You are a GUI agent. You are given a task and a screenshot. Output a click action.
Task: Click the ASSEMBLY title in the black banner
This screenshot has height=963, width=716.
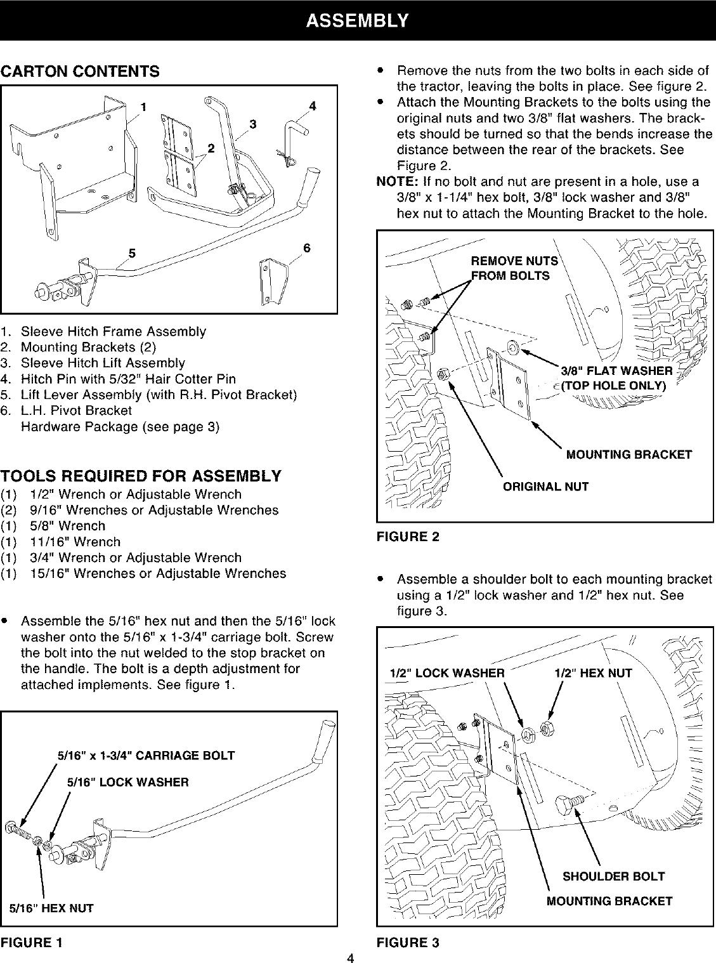coord(357,20)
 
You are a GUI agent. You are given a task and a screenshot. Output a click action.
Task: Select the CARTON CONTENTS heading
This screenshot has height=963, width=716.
coord(80,71)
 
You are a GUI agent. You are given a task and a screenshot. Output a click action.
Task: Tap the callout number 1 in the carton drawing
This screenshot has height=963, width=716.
coord(144,106)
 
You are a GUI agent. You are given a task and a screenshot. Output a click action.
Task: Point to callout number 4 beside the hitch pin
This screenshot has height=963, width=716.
coord(312,105)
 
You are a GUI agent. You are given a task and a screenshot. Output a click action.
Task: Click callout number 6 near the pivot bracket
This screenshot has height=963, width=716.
coord(306,248)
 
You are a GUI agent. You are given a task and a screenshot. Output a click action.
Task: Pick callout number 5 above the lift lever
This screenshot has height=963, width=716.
coord(133,253)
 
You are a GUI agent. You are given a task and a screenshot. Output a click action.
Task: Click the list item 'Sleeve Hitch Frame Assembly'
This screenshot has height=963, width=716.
coord(113,332)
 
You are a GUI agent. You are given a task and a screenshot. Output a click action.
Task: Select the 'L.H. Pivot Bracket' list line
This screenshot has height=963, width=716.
coord(76,410)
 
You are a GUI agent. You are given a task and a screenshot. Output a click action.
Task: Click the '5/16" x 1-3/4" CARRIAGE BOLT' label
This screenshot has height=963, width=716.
coord(146,756)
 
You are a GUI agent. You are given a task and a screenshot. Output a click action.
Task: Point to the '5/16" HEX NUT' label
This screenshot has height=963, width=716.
coord(51,908)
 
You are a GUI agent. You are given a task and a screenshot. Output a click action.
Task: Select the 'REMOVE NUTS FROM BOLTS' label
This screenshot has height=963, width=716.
coord(514,268)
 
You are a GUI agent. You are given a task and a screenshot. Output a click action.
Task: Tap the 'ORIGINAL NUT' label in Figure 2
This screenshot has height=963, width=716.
coord(545,487)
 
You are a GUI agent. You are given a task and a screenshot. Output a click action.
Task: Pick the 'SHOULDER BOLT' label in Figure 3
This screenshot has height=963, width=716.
coord(613,876)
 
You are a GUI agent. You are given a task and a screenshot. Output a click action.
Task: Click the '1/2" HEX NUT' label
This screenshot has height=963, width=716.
coord(593,673)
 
